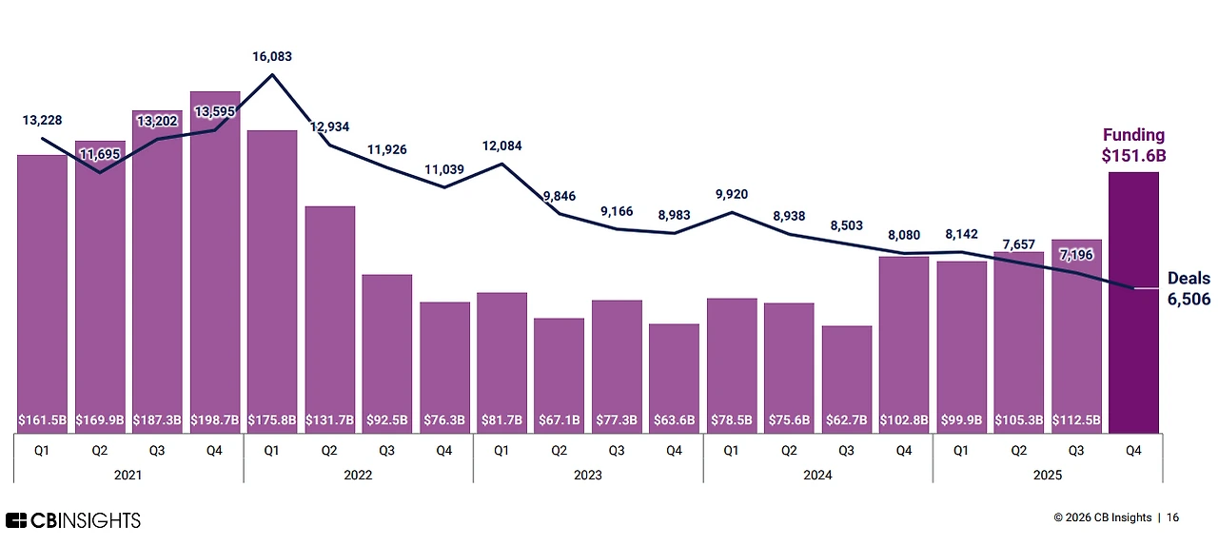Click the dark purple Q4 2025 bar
[x=1133, y=304]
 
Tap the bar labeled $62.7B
[x=847, y=376]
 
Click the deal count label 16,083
[x=272, y=57]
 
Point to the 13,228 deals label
[x=42, y=120]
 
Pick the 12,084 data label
[x=501, y=146]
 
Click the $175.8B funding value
[x=272, y=419]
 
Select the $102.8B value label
[x=904, y=419]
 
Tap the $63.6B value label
[x=674, y=419]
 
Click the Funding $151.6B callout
[x=1133, y=145]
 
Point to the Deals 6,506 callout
[x=1189, y=288]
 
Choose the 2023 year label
[x=587, y=474]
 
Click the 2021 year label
[x=128, y=474]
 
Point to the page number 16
[x=1172, y=517]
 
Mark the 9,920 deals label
[x=731, y=195]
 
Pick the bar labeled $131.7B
[x=329, y=314]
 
